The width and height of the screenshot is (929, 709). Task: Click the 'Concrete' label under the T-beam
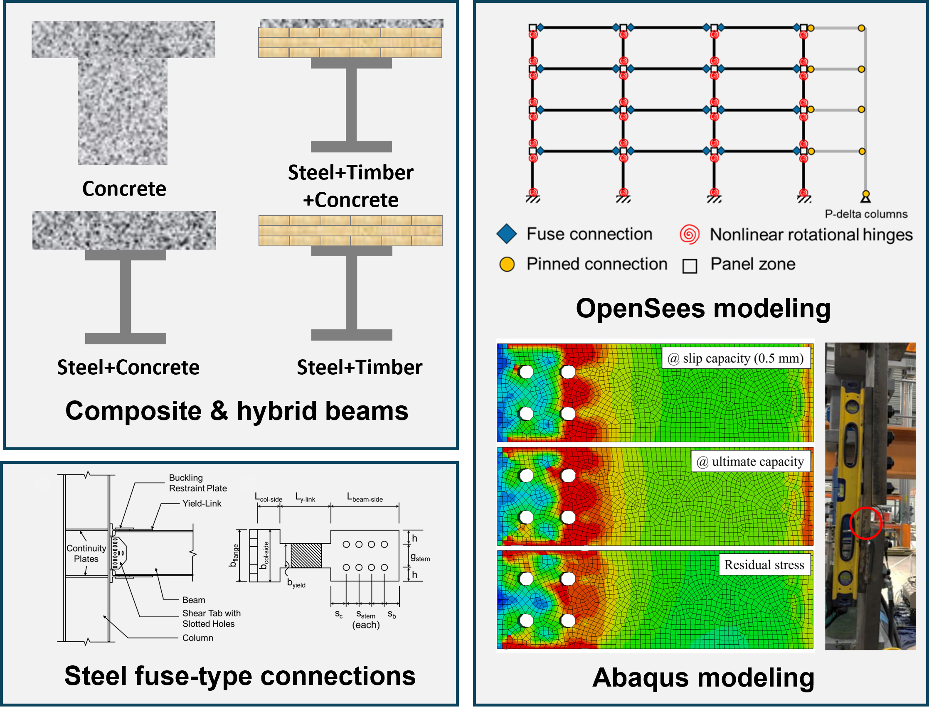click(124, 189)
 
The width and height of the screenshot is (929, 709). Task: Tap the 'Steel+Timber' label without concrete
click(360, 367)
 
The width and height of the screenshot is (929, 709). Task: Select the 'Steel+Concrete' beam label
click(128, 367)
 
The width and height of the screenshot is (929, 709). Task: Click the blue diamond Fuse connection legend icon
click(507, 234)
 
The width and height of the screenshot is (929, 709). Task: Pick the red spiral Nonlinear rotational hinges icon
click(690, 234)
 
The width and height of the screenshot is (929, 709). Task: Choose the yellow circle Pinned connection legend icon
click(507, 264)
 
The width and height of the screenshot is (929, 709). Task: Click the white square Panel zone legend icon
click(690, 266)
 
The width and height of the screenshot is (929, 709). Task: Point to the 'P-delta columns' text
click(866, 214)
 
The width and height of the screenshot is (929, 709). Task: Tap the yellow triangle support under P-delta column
click(866, 196)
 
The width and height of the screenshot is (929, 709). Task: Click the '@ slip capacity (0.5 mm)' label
click(736, 358)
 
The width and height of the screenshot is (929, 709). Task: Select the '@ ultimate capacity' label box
click(750, 461)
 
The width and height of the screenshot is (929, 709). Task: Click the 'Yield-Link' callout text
click(202, 503)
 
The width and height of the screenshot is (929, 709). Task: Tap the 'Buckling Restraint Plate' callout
click(197, 483)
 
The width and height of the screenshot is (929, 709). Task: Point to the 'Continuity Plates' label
click(86, 553)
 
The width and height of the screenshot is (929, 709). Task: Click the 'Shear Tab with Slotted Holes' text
click(211, 618)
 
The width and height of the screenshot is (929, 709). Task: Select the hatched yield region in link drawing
click(306, 555)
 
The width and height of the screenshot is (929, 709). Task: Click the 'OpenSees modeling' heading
click(703, 308)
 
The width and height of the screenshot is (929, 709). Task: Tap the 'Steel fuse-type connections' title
click(240, 676)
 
